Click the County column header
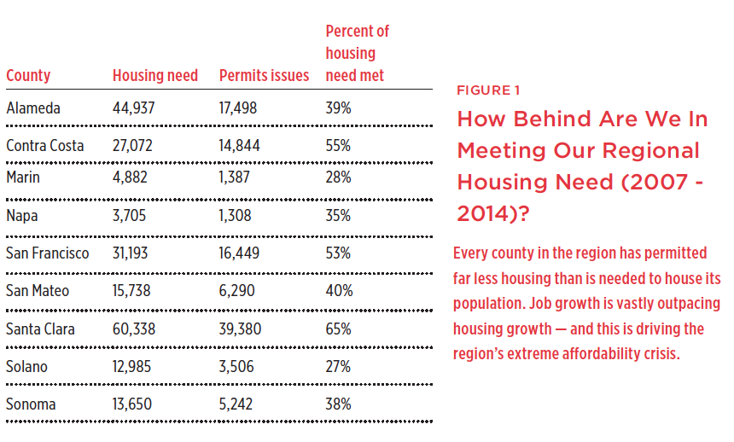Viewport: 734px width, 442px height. tap(28, 75)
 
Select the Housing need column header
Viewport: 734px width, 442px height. tap(155, 75)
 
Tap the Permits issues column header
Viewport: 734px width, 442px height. tap(264, 75)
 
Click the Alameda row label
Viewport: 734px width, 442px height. tap(33, 108)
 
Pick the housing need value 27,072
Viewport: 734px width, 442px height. tap(132, 146)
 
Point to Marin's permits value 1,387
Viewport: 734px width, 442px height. tap(234, 177)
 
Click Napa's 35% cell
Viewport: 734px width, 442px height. tap(338, 215)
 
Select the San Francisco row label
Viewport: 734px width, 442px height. tap(47, 253)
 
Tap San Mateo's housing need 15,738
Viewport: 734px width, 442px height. tap(131, 291)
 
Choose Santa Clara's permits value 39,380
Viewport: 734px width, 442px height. tap(240, 329)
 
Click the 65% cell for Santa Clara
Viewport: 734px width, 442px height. tap(339, 329)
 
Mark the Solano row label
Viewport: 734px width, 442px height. tap(26, 367)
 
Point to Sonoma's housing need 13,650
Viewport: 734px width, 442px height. tap(132, 404)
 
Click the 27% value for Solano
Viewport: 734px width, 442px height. tap(338, 367)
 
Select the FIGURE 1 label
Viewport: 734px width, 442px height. tap(488, 90)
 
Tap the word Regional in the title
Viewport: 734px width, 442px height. tap(650, 151)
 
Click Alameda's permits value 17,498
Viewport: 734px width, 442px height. tap(238, 108)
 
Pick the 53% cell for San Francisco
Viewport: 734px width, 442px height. tap(338, 253)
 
